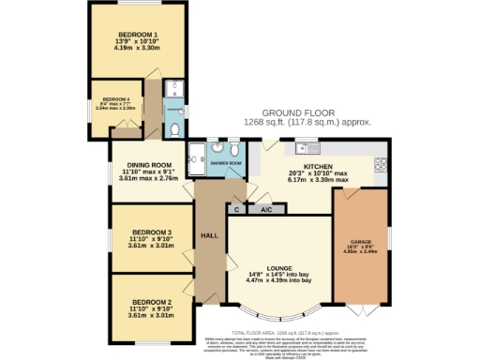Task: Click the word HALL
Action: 209,236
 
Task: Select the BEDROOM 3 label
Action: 149,232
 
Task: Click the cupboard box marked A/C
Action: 265,210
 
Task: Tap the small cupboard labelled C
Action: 236,210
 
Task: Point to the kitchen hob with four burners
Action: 382,164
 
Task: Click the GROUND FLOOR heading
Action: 308,112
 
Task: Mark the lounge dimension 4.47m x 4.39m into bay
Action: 278,280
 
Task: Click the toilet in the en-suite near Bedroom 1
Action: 175,129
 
